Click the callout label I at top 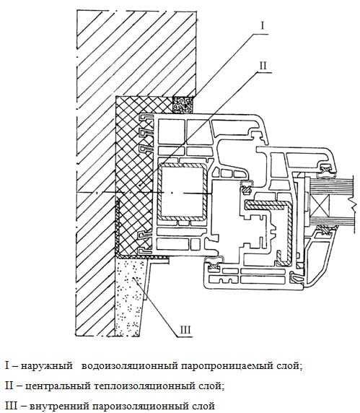(x=263, y=26)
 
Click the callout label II (x=263, y=65)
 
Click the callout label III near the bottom (x=185, y=330)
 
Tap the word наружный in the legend (x=47, y=366)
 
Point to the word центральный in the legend (x=58, y=386)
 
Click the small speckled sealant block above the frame (x=183, y=105)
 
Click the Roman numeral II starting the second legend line (x=9, y=386)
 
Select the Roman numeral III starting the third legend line (x=12, y=406)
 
